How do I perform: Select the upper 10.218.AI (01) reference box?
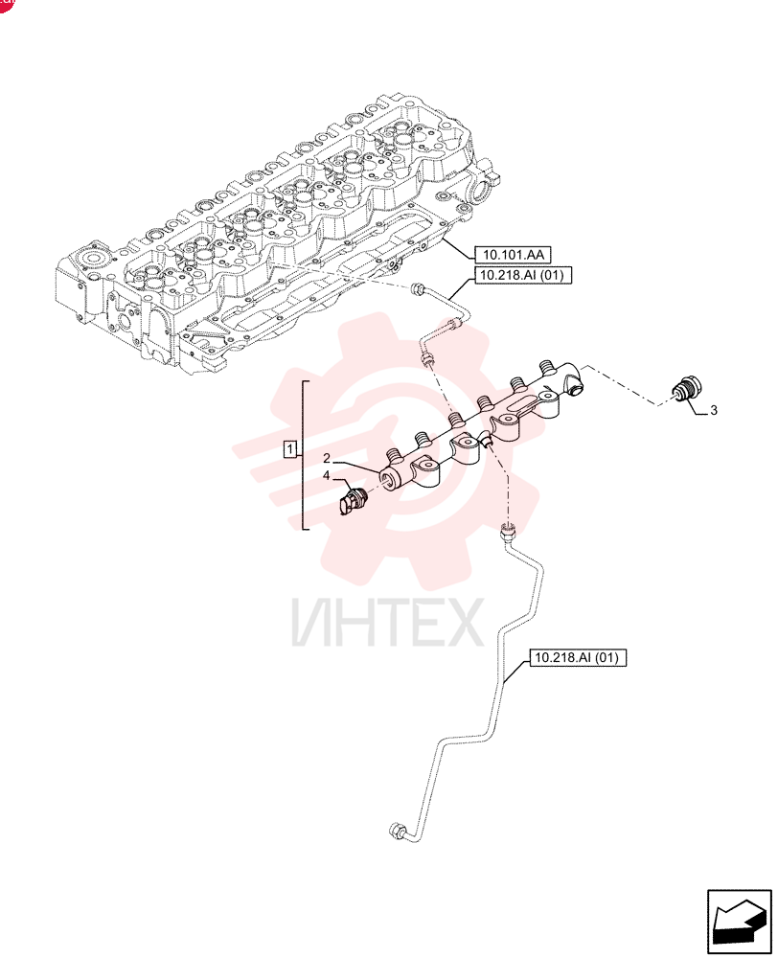click(x=521, y=276)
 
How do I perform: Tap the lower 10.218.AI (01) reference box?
click(x=578, y=658)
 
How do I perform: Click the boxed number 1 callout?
click(x=289, y=449)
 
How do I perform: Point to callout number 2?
click(x=327, y=458)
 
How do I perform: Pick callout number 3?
click(x=713, y=411)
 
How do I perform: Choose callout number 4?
click(x=327, y=475)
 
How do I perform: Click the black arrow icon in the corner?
click(x=739, y=922)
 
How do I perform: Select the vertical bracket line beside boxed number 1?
click(x=304, y=454)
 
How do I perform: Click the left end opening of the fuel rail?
click(x=387, y=478)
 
